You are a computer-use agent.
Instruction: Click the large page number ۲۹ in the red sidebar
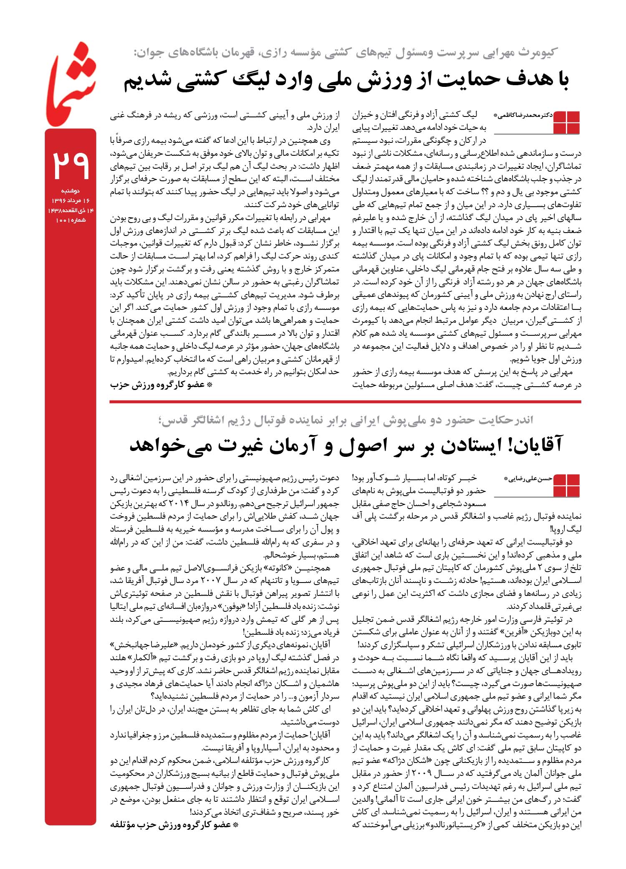(70, 164)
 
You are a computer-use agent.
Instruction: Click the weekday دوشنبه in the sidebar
(70, 191)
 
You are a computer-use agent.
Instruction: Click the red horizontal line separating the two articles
(345, 402)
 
